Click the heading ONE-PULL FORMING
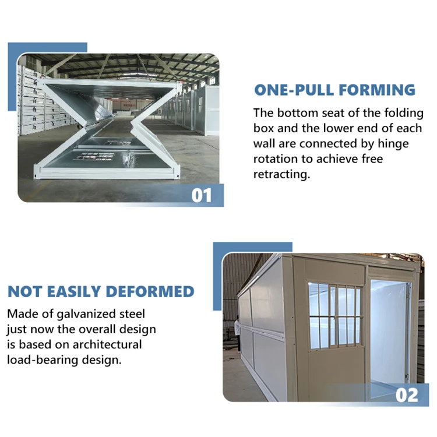click(335, 90)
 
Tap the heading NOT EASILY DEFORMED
click(101, 291)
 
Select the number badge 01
click(202, 195)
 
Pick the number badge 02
click(407, 394)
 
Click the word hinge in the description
click(393, 143)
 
